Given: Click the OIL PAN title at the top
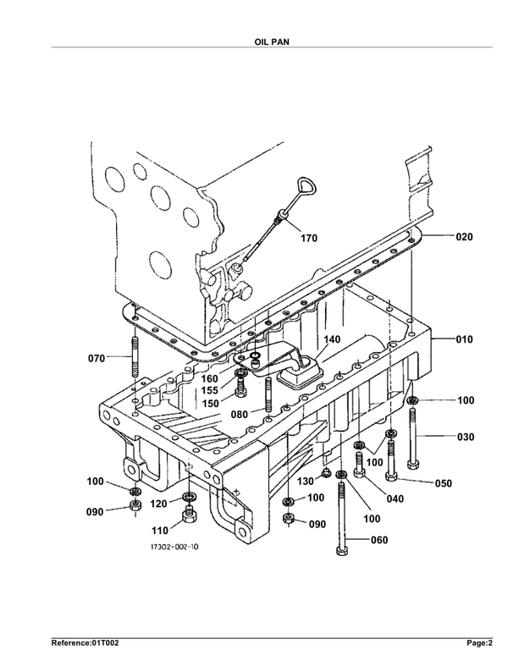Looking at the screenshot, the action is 272,42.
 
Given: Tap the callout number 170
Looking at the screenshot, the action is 309,239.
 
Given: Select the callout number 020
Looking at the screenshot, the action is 464,237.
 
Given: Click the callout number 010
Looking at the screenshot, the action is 464,340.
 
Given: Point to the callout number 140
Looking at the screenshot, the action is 332,339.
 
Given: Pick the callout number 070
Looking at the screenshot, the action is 97,358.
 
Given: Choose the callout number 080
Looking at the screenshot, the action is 240,415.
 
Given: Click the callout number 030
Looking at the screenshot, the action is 466,437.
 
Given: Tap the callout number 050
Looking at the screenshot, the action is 444,483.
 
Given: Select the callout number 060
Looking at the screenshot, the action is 379,540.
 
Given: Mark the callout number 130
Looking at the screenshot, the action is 306,482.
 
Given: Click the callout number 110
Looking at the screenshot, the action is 160,531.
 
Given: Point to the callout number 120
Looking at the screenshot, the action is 158,504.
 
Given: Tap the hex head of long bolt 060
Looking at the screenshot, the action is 342,551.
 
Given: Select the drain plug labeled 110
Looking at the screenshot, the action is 189,514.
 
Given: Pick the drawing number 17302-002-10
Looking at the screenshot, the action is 174,548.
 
